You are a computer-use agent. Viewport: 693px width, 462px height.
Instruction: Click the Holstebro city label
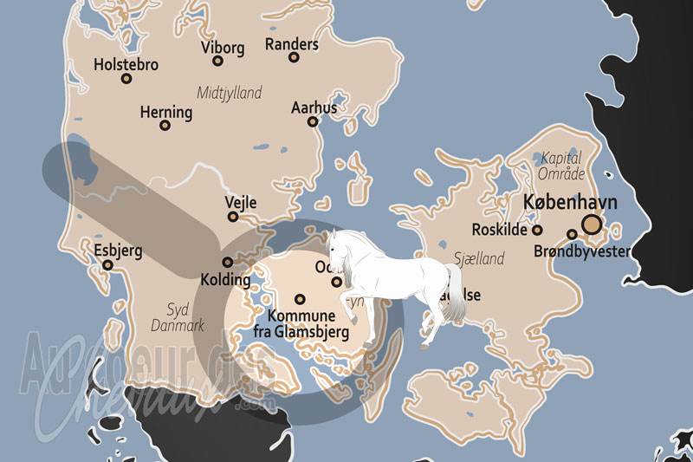126,63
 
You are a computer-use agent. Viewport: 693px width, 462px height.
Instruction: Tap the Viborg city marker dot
218,61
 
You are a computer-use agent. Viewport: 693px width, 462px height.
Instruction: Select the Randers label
291,43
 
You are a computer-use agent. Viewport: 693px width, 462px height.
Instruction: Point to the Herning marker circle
165,125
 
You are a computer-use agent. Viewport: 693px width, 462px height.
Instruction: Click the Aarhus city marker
313,122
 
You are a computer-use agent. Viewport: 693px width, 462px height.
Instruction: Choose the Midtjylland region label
230,93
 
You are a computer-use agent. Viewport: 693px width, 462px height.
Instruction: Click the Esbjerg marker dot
108,265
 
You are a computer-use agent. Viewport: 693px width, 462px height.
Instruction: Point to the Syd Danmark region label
178,317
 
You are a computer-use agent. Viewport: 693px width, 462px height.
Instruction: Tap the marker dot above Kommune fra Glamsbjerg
301,298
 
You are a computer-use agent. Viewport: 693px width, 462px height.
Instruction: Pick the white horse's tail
453,286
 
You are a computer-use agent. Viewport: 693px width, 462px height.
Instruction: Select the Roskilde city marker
537,231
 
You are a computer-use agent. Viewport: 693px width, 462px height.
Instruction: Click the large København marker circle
592,225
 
